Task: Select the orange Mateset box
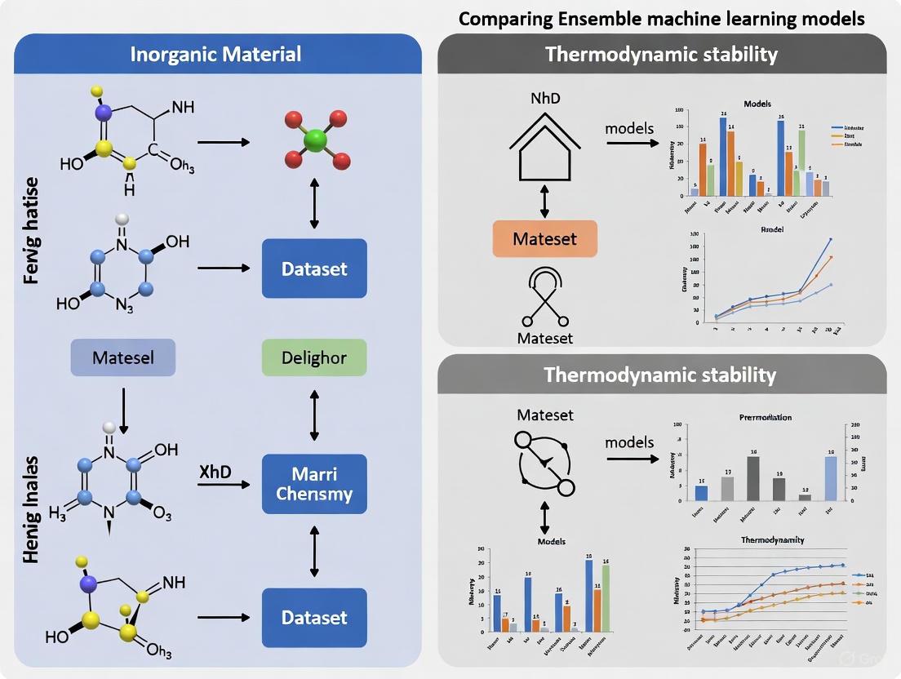544,239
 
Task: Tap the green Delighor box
314,357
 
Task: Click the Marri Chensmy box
314,484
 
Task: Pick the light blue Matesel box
123,357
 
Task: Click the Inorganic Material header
217,55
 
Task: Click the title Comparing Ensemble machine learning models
661,18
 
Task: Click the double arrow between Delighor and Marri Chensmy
314,415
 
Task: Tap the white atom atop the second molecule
122,220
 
